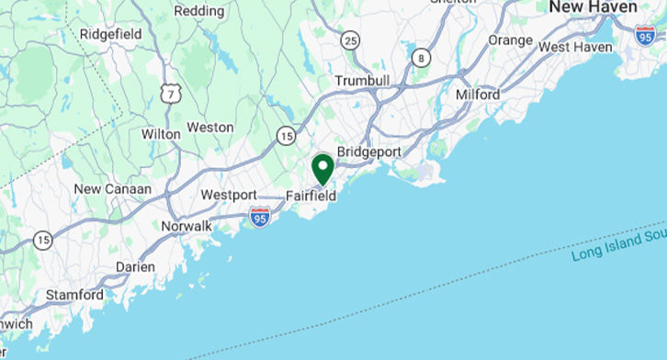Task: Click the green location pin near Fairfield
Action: [x=322, y=169]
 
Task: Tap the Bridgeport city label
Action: [x=369, y=151]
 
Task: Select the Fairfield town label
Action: [x=311, y=196]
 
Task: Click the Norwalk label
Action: [x=187, y=226]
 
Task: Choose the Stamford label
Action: [x=75, y=296]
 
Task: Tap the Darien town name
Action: [x=135, y=267]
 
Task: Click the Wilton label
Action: [x=161, y=134]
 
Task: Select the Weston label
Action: [x=210, y=128]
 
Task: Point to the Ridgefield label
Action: [x=109, y=34]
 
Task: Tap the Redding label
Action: [x=199, y=11]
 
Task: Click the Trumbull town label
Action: [x=362, y=81]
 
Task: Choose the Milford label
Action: [x=478, y=95]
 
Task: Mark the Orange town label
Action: [x=510, y=40]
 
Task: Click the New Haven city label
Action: [x=593, y=7]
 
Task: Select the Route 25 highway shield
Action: [x=349, y=39]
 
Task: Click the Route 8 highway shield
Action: [x=421, y=57]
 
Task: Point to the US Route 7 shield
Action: [x=170, y=93]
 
